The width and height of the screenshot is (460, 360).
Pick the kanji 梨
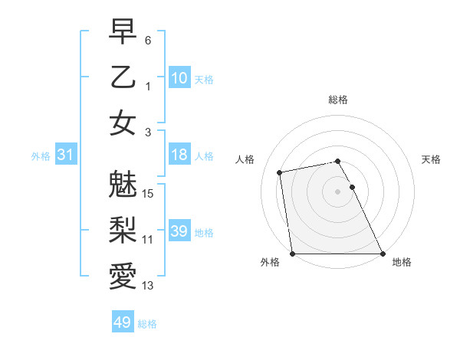123,227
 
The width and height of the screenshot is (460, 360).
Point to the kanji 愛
123,275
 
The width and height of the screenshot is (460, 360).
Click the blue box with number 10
179,77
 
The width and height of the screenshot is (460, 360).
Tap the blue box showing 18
179,155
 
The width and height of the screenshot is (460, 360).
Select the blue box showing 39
179,231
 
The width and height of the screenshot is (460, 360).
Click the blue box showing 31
65,155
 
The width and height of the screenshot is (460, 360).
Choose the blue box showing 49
122,322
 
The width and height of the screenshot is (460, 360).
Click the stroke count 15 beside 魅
149,193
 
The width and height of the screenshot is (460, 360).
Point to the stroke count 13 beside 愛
149,286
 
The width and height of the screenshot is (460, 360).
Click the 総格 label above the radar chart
337,100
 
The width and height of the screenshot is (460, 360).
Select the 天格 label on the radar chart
431,159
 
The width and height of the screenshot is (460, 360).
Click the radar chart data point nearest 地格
383,254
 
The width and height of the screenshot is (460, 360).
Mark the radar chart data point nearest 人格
281,172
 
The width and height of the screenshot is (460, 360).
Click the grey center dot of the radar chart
337,191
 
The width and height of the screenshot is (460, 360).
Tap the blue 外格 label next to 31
41,156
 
